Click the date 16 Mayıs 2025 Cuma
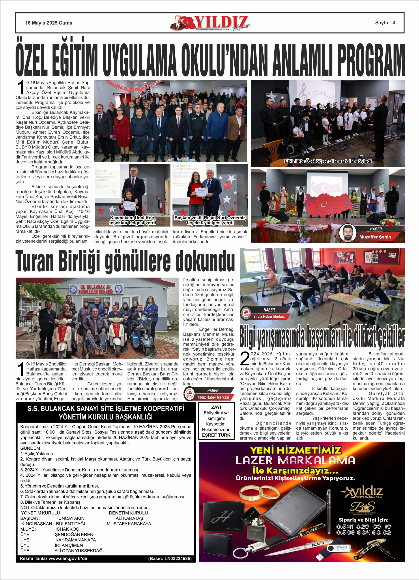point(49,23)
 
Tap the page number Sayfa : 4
point(385,22)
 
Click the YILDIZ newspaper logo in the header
point(210,23)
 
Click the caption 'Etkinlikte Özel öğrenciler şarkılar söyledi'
point(328,161)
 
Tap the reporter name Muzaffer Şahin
point(375,237)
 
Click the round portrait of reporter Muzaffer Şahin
point(348,233)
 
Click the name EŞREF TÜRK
point(216,435)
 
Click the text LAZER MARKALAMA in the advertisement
point(296,460)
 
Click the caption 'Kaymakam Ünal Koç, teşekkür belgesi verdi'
point(133,220)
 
